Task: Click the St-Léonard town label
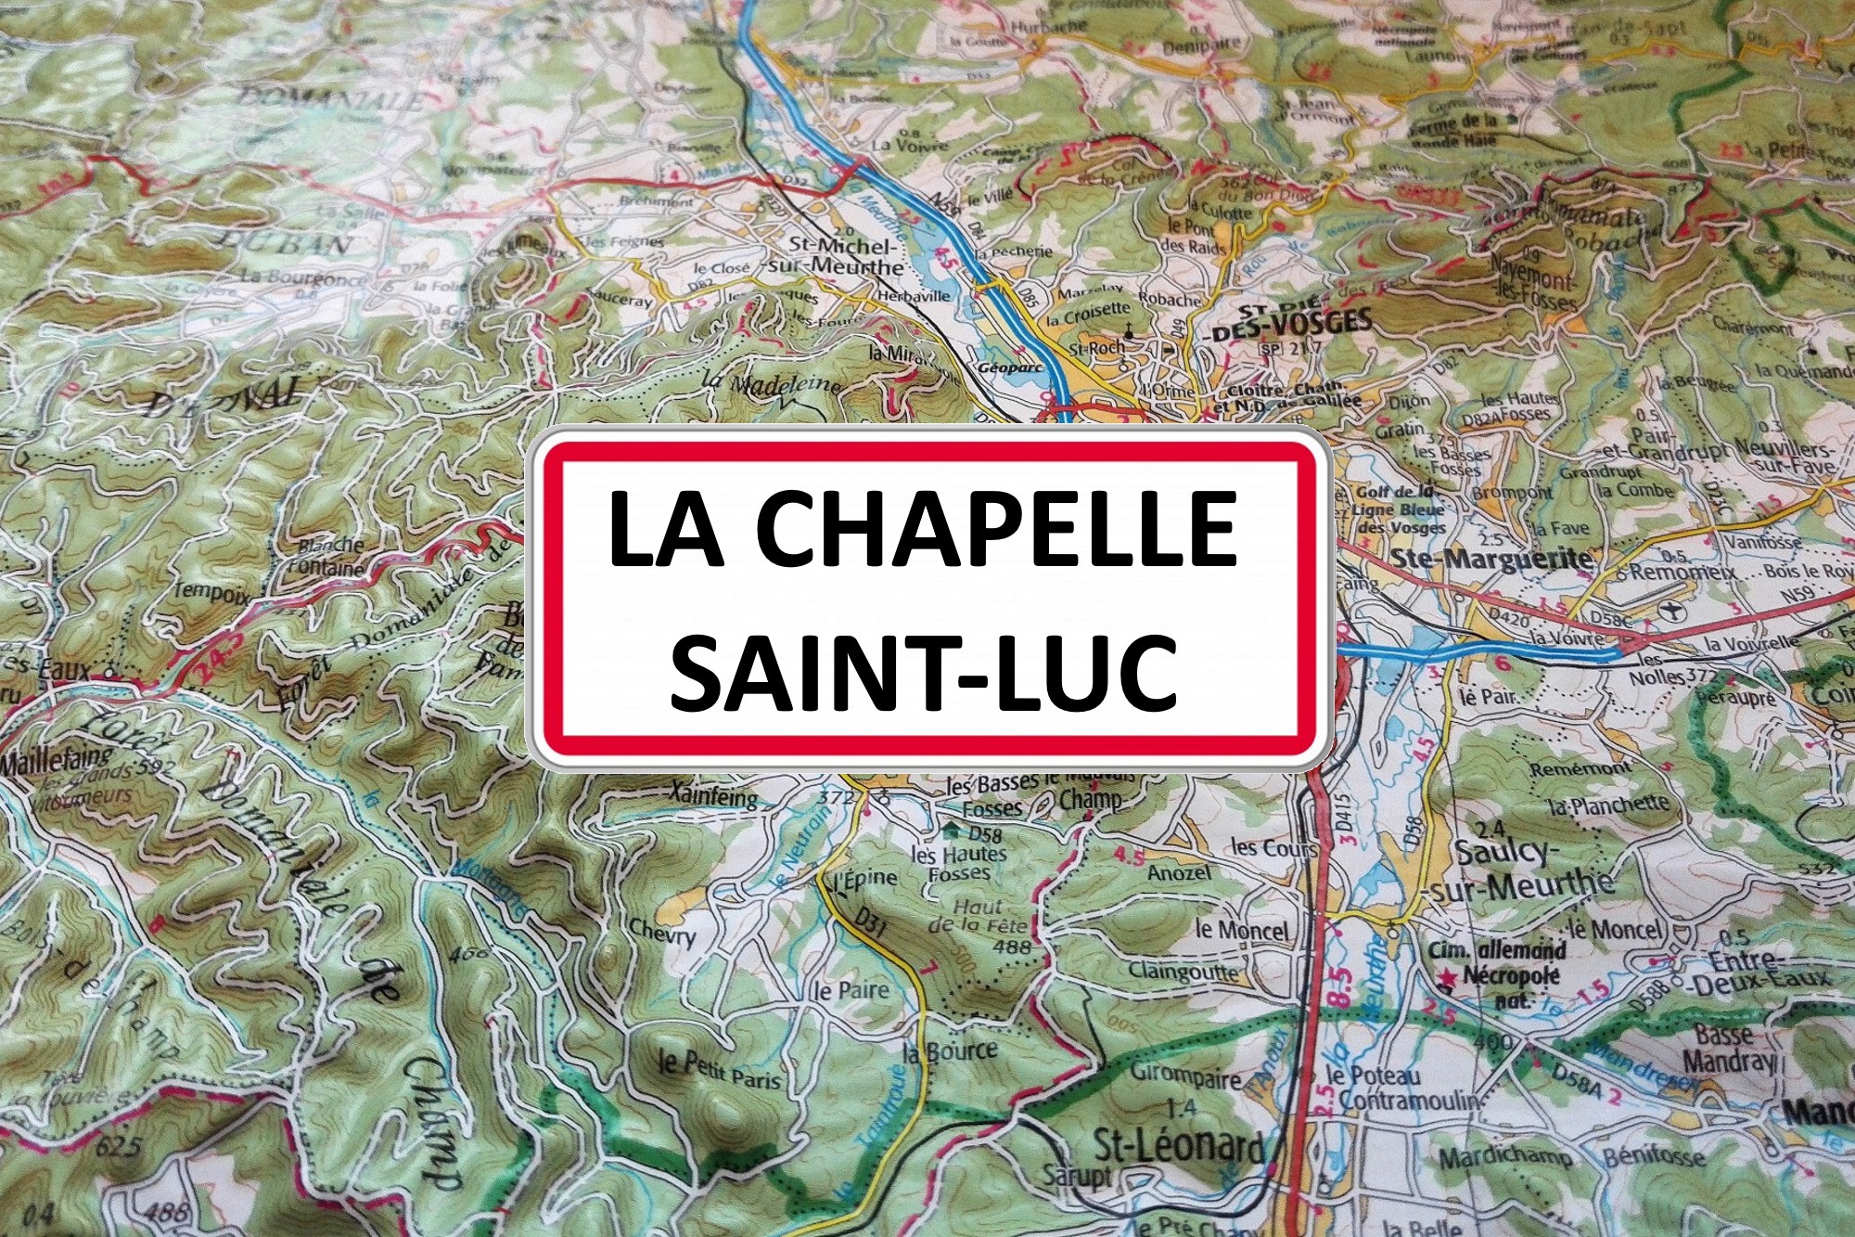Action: tap(1179, 1148)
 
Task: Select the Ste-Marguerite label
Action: tap(1491, 559)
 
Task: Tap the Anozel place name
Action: tap(1179, 873)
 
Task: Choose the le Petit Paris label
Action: tap(719, 1071)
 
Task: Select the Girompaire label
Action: tap(1185, 1076)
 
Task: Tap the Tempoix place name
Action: tap(212, 592)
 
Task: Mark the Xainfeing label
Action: tap(712, 795)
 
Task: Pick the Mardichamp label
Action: tap(1504, 1158)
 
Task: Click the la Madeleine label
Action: tap(772, 382)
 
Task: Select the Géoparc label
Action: tap(1010, 367)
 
